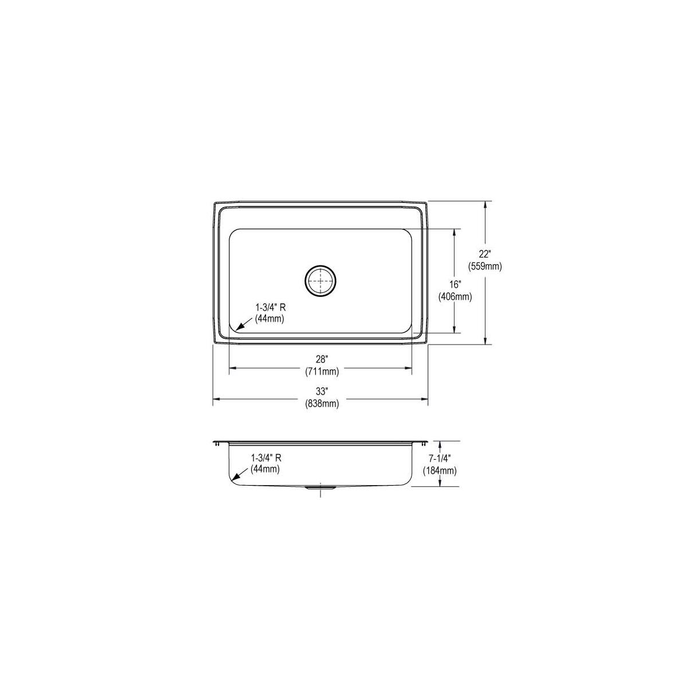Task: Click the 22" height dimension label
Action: [x=485, y=254]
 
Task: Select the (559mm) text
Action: [x=485, y=267]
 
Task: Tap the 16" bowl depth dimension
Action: [x=455, y=284]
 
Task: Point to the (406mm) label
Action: [x=455, y=296]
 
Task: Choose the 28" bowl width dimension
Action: [x=322, y=359]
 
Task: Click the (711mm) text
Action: [x=322, y=372]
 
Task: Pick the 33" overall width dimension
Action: [x=322, y=392]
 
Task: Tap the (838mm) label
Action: [x=322, y=404]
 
